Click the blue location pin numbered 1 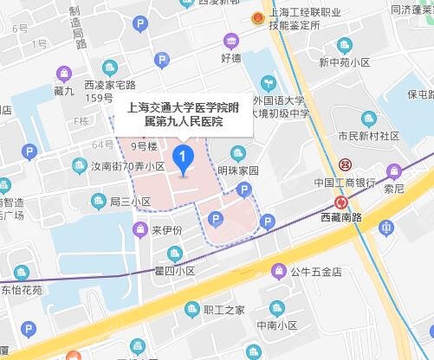(x=183, y=158)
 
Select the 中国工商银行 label (x=344, y=183)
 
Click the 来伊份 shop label (x=167, y=230)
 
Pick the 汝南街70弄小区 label (x=127, y=166)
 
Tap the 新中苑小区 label (x=346, y=63)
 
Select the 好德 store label (x=231, y=59)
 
